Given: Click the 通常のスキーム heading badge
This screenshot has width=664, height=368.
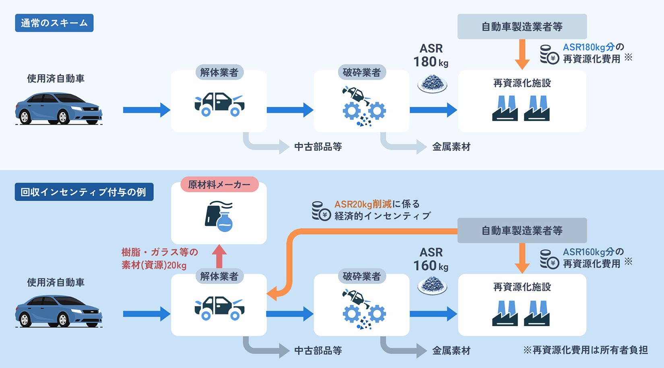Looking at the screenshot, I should click(x=54, y=23).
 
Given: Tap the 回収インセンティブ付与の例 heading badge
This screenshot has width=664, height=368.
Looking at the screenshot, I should click(x=84, y=192).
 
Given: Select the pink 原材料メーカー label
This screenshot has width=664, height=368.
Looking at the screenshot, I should click(x=219, y=185).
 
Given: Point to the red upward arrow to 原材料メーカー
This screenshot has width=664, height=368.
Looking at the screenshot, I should click(x=219, y=256).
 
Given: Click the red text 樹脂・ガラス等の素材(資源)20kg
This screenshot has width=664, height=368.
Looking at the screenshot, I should click(x=159, y=259).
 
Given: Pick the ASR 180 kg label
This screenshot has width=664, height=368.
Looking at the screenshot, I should click(x=431, y=56).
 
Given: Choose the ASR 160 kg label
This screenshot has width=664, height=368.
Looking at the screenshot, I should click(x=431, y=259).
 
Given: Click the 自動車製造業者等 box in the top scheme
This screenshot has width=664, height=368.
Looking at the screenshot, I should click(x=522, y=27).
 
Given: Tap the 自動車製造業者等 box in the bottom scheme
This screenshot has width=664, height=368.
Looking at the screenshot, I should click(x=522, y=230).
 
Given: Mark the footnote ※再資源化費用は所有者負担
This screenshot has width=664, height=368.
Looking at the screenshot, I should click(x=586, y=350).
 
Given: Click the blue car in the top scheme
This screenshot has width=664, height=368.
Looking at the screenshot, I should click(x=59, y=108).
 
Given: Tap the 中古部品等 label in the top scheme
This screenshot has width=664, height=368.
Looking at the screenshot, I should click(x=318, y=147).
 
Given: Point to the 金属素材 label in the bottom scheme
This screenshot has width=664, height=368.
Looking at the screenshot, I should click(x=451, y=351).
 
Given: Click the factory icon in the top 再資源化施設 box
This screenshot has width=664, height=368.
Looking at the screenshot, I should click(x=521, y=108).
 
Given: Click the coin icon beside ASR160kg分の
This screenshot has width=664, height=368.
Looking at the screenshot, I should click(x=549, y=259).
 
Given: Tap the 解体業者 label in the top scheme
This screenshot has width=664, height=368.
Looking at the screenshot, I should click(x=219, y=72).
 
